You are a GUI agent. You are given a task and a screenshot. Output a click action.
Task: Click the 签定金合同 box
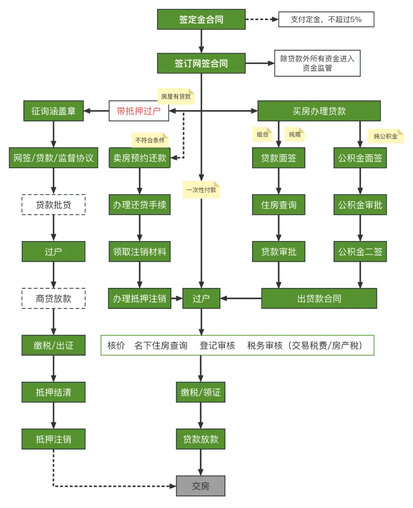click(x=201, y=20)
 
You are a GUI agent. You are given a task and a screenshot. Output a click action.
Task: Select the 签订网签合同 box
click(x=201, y=63)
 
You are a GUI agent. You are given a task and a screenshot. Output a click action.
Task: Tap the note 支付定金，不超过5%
click(x=326, y=20)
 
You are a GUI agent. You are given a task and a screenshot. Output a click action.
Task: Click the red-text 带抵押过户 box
click(x=138, y=111)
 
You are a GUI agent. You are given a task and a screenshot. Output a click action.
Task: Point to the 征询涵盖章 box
click(x=54, y=111)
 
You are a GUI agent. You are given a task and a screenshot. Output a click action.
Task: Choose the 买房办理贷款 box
click(x=319, y=111)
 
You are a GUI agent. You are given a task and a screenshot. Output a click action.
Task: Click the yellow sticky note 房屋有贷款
click(x=176, y=96)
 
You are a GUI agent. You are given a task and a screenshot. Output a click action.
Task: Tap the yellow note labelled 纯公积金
click(x=385, y=136)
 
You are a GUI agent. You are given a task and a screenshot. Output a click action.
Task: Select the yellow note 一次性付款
click(x=201, y=190)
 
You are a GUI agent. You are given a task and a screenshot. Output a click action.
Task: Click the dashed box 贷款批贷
click(x=54, y=205)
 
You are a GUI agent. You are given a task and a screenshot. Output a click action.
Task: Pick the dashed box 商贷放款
click(x=54, y=299)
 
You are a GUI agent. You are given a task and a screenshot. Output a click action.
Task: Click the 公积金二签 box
click(x=360, y=252)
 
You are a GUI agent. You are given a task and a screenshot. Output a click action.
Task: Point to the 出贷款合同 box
click(x=319, y=299)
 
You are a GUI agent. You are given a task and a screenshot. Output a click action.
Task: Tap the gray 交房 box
click(x=201, y=486)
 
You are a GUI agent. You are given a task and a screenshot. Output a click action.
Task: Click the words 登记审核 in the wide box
click(x=217, y=346)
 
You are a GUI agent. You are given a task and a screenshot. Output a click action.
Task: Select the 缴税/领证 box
click(x=201, y=392)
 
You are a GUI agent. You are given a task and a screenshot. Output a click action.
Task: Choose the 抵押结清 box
click(x=54, y=392)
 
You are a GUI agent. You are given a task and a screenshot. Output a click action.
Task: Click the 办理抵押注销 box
click(x=140, y=299)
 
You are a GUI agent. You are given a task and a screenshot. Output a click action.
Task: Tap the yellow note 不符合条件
click(x=150, y=140)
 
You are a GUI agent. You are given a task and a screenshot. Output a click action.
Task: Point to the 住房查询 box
click(x=278, y=205)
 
